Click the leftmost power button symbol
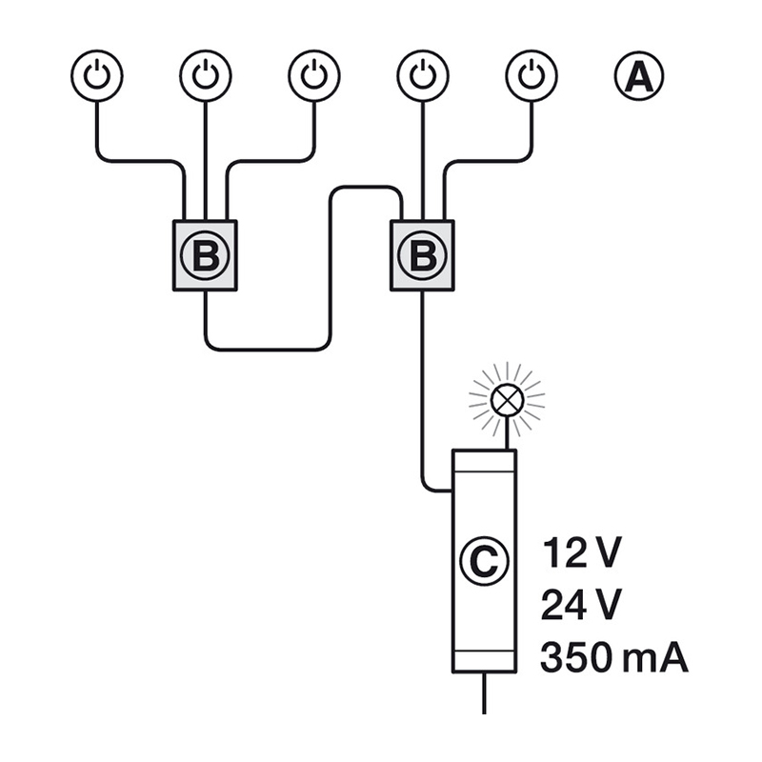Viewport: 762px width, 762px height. pos(97,76)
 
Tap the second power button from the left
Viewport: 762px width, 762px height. pos(206,76)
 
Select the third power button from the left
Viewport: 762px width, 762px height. pos(314,76)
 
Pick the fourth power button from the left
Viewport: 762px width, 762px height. pos(423,76)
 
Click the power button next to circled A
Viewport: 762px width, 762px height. pos(531,76)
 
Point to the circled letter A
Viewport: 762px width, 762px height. pos(639,76)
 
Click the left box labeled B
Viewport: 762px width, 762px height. pos(205,255)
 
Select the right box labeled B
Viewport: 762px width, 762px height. pos(422,255)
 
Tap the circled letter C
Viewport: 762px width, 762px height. pos(484,561)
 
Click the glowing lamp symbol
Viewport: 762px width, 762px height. pos(507,400)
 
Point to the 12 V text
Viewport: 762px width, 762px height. pos(581,553)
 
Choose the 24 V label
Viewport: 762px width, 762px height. pos(581,605)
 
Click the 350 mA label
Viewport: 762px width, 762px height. pos(614,657)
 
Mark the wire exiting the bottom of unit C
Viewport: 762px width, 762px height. pos(484,693)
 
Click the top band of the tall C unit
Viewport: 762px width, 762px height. pos(484,461)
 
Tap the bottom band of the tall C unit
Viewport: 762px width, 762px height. pos(484,661)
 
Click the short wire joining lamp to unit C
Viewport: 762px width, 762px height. pos(507,433)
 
